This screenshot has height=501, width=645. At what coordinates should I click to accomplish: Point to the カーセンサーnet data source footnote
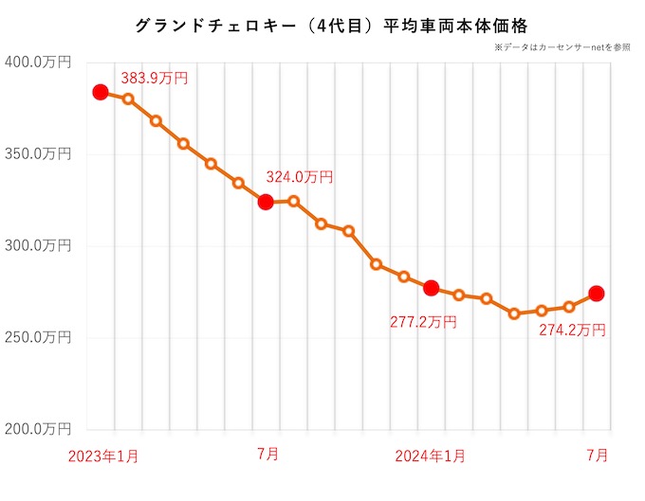562,47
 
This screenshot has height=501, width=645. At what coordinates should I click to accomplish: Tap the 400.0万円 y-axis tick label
37,63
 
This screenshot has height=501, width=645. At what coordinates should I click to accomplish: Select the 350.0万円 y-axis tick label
37,154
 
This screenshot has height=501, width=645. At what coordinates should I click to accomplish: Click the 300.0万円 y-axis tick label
37,246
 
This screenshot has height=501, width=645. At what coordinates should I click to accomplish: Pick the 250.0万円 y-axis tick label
37,338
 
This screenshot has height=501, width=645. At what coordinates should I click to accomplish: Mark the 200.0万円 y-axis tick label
37,430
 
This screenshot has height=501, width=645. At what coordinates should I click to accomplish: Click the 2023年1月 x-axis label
103,456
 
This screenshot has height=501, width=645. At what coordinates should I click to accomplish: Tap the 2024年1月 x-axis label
431,456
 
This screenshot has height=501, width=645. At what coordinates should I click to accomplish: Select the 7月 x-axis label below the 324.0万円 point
267,456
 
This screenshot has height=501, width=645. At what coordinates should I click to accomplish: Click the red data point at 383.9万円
101,92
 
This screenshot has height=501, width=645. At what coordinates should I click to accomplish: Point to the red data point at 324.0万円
266,202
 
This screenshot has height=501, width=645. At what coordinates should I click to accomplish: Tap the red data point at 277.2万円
431,288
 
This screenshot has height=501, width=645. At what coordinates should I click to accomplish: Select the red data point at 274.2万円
597,294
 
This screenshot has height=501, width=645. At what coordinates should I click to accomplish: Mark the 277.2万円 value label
423,322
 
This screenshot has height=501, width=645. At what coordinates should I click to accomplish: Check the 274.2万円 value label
572,330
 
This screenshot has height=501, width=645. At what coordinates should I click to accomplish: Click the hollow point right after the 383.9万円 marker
128,99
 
